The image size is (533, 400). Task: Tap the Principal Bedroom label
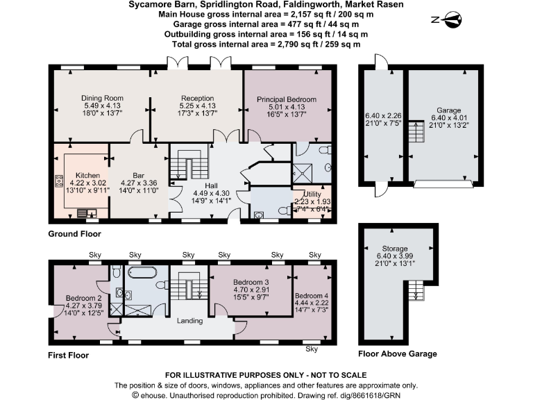click(x=286, y=99)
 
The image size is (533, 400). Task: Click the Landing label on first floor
click(x=189, y=321)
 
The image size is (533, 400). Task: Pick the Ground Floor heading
click(x=74, y=235)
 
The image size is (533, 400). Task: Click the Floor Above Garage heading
click(x=398, y=354)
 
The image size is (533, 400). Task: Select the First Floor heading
click(x=69, y=355)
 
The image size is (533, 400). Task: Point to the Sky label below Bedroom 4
click(x=312, y=349)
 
